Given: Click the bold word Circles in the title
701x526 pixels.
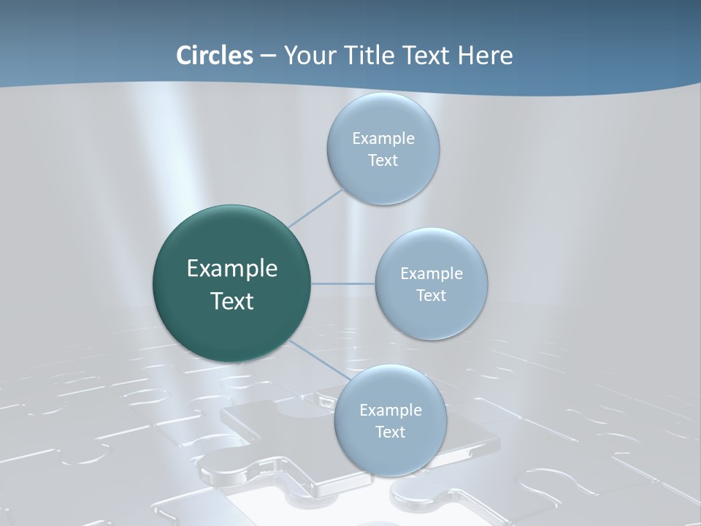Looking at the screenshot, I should [x=215, y=56].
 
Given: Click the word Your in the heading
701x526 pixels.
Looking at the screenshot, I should [x=307, y=56].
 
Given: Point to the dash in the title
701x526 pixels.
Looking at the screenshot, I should [x=267, y=56].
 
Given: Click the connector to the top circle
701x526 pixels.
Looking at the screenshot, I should [x=316, y=207].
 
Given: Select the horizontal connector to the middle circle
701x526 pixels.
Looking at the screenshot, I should [x=343, y=283].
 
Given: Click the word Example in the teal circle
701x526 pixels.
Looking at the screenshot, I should [x=232, y=269].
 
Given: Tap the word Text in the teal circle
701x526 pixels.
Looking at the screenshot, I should [x=232, y=301].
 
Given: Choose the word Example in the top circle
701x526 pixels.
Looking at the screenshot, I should [x=383, y=139].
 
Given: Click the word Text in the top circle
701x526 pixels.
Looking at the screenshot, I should [x=383, y=161].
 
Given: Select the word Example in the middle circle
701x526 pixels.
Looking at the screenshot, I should [x=432, y=274].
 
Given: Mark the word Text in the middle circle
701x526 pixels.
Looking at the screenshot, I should [x=431, y=296].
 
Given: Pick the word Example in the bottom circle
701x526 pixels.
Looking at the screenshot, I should [x=391, y=411].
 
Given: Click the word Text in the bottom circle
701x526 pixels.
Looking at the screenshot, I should [x=390, y=432].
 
